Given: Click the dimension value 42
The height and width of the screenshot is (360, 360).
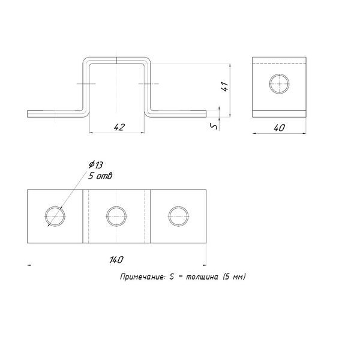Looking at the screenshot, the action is (x=119, y=127).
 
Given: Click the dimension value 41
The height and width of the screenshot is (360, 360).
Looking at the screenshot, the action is (x=225, y=86).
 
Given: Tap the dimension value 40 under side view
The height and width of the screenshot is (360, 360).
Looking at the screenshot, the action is (x=279, y=128).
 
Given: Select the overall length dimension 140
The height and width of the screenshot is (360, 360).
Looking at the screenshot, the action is (x=116, y=260).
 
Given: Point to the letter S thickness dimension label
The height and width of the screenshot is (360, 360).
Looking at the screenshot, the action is (x=214, y=126).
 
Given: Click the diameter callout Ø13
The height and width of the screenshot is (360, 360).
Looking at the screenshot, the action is (x=96, y=164).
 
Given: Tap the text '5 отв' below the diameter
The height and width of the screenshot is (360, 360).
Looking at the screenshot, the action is (x=100, y=176).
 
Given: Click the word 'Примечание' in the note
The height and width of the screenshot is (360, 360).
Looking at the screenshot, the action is (x=142, y=277).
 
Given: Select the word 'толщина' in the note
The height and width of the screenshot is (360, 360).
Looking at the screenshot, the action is (x=202, y=277).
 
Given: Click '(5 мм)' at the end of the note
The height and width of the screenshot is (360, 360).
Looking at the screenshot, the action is (x=234, y=277).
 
